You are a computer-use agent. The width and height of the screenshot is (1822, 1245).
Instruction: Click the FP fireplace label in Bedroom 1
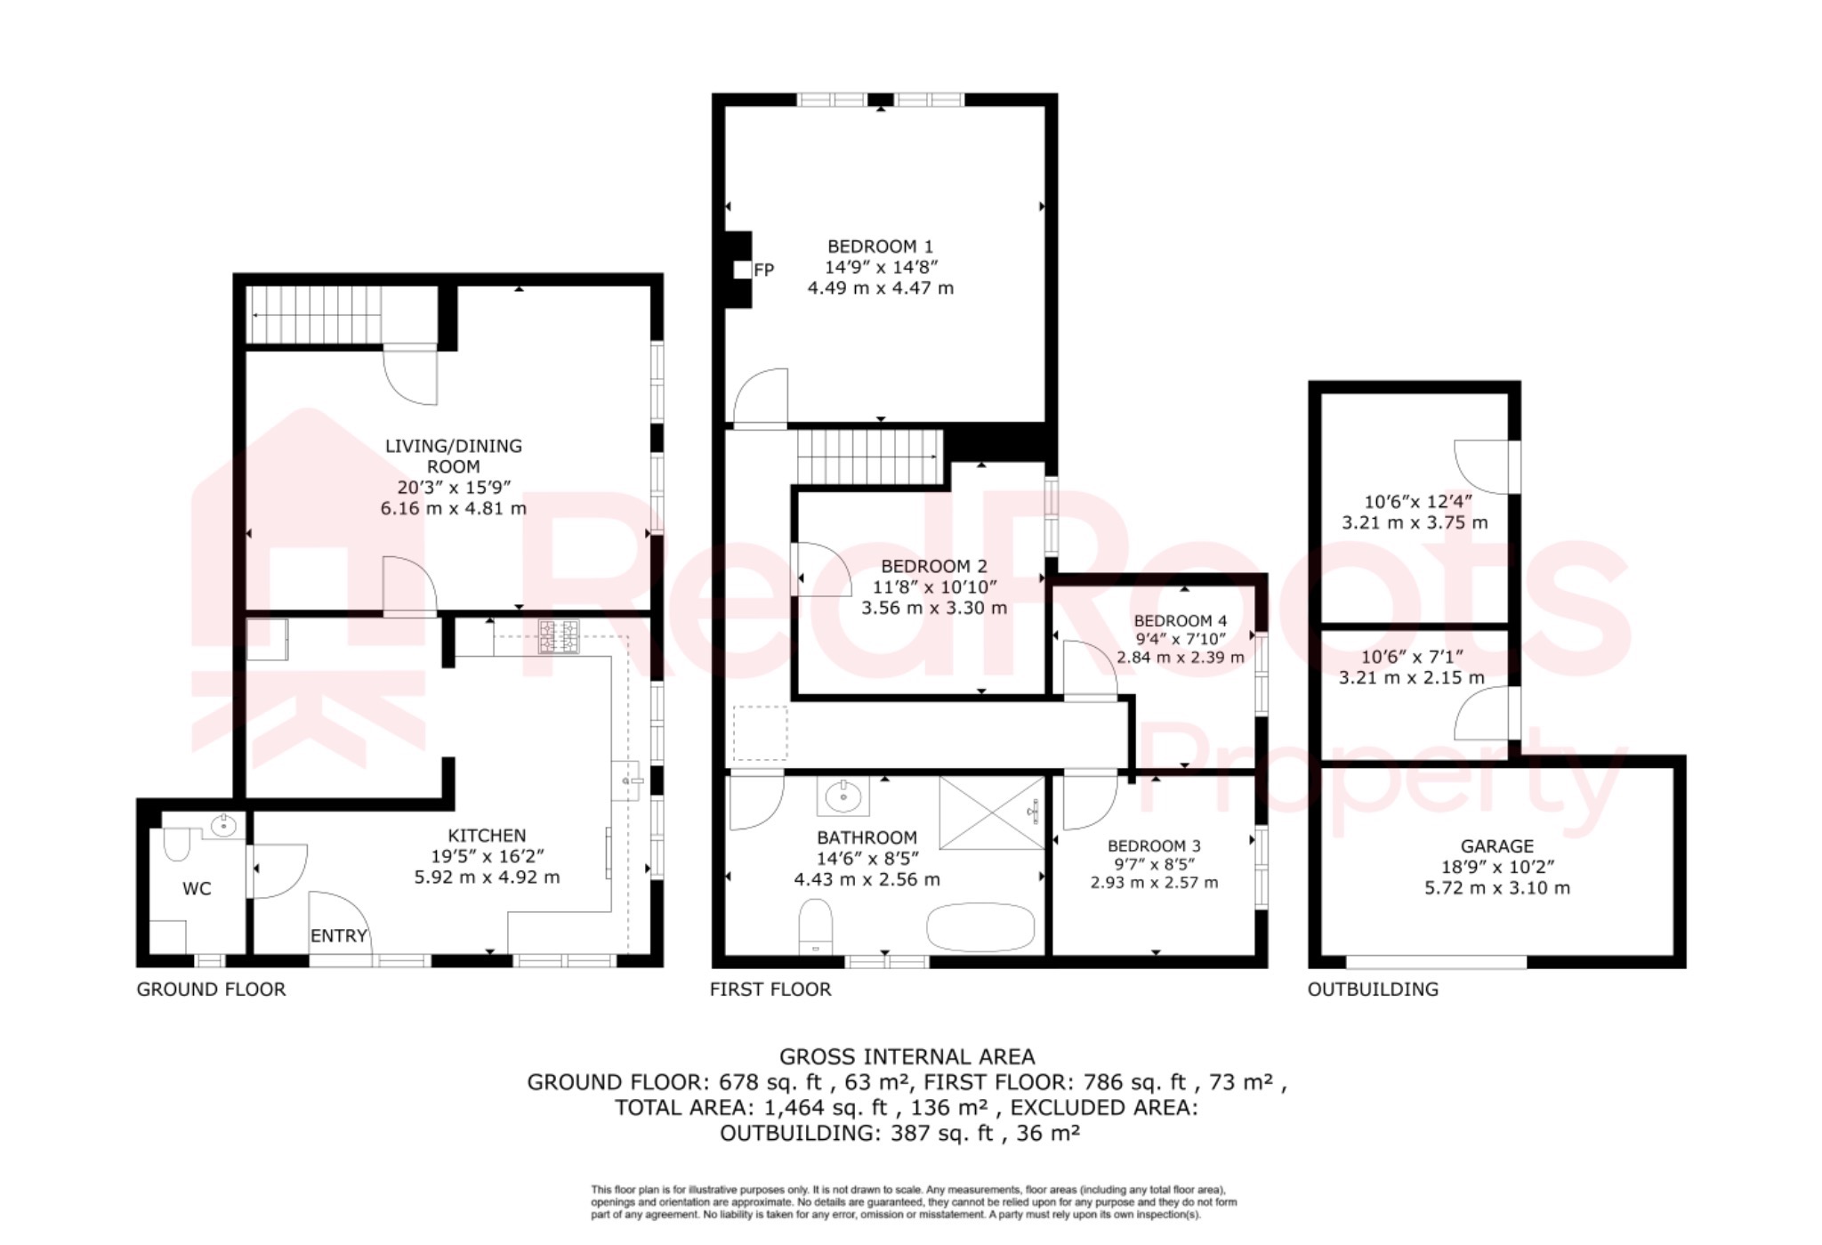(763, 270)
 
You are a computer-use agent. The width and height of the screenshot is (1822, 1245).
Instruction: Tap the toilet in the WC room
(176, 843)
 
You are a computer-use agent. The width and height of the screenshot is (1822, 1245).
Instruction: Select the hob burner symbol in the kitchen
(559, 637)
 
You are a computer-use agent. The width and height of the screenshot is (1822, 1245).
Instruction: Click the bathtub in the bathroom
(980, 928)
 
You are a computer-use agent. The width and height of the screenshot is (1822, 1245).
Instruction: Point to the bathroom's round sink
(842, 796)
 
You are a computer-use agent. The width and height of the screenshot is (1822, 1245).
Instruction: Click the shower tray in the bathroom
(991, 812)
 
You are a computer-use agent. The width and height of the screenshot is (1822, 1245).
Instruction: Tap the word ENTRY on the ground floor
(338, 935)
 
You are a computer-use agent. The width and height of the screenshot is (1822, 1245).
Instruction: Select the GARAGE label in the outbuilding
(1496, 845)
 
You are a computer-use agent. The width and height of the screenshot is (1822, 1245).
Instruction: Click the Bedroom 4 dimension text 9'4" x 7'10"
(1180, 639)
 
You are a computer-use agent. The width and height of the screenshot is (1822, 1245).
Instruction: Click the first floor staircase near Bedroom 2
(868, 457)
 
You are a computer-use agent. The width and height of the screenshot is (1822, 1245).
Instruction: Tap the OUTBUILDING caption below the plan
(1372, 989)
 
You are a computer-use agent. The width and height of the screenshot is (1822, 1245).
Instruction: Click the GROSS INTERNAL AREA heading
(907, 1056)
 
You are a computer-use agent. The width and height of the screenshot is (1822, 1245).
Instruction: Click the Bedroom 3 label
(1154, 845)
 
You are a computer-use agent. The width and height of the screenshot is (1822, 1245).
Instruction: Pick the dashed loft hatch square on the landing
(760, 732)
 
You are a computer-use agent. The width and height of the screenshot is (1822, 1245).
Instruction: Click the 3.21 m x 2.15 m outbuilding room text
(1411, 677)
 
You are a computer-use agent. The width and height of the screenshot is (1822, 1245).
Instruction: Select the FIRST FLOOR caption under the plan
(770, 989)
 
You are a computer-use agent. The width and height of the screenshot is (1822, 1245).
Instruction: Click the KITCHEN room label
(487, 835)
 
